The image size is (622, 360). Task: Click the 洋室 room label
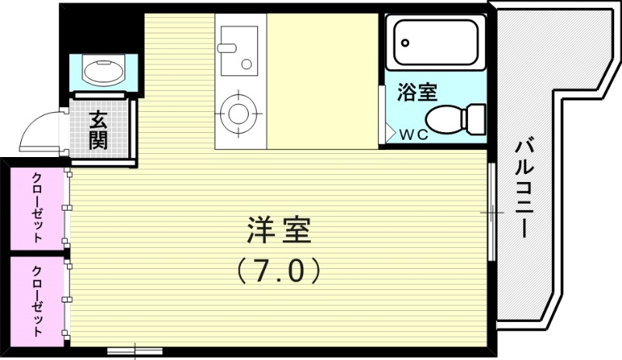pyautogui.click(x=278, y=231)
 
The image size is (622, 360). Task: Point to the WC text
pyautogui.click(x=414, y=134)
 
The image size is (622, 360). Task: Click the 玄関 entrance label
pyautogui.click(x=98, y=129)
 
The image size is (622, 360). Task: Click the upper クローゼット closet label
pyautogui.click(x=37, y=206)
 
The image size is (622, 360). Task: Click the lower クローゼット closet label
pyautogui.click(x=37, y=300)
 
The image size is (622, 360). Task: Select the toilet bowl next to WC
pyautogui.click(x=443, y=120)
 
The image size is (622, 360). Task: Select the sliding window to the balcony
pyautogui.click(x=491, y=211)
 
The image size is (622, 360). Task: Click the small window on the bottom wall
pyautogui.click(x=135, y=351)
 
